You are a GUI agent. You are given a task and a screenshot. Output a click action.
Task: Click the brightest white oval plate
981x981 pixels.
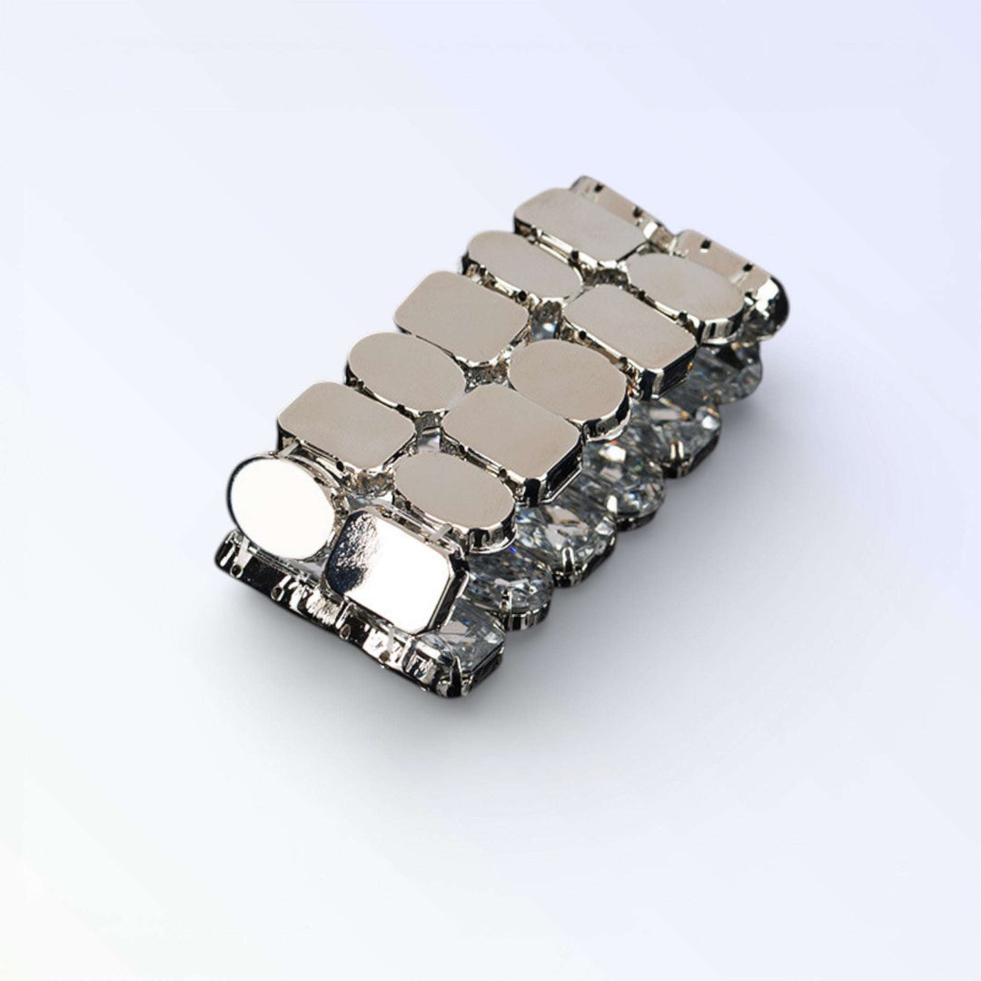point(282,507)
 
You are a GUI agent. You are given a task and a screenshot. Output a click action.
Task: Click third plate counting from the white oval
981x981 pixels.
point(405,371)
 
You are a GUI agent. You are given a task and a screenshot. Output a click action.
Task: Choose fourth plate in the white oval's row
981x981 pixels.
point(461,317)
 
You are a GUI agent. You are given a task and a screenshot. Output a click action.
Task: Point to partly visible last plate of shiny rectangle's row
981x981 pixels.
point(722,257)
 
